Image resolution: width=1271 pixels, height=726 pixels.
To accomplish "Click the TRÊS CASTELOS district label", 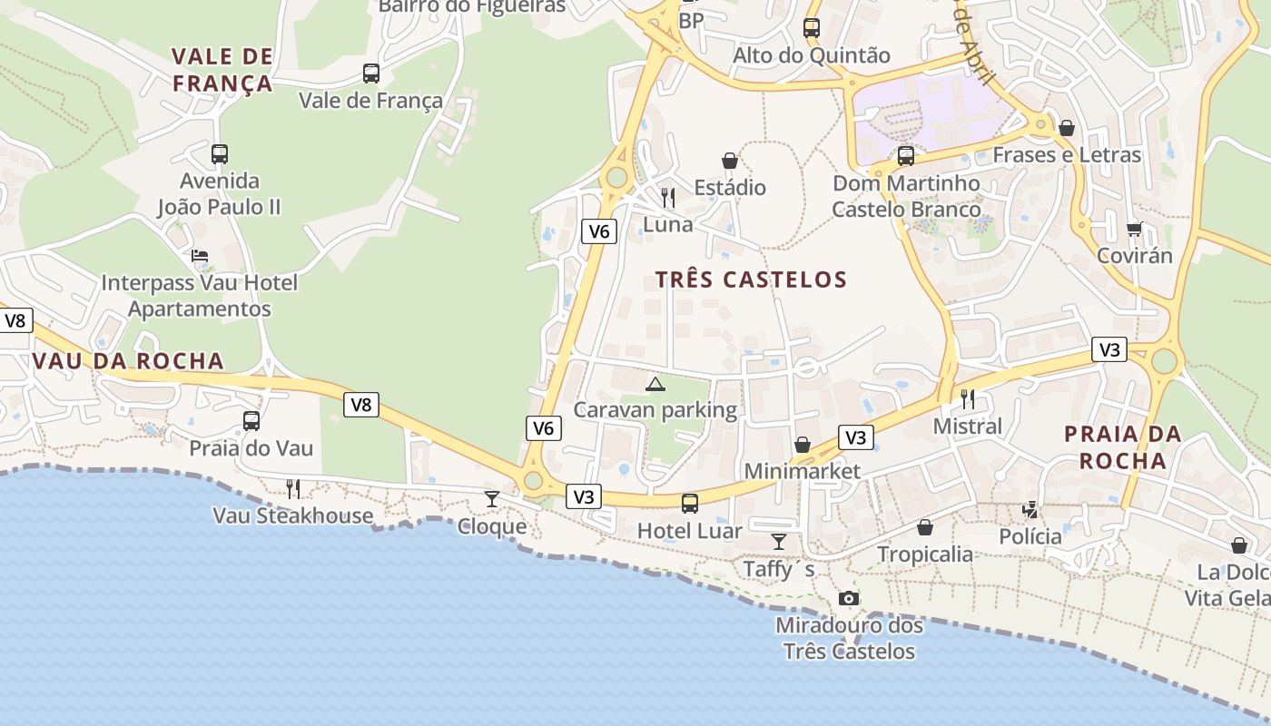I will tap(751, 280).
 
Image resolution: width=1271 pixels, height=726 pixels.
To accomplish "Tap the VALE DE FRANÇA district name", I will tap(222, 70).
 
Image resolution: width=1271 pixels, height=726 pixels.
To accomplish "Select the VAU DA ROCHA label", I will tap(128, 361).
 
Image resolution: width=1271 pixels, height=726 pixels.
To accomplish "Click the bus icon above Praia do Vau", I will tap(251, 421).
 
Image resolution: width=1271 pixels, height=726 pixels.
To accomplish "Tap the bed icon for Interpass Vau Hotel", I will tap(200, 256).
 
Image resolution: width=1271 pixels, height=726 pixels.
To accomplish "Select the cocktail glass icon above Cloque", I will tap(492, 498).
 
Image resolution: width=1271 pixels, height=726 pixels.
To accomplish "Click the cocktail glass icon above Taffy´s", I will tap(779, 542).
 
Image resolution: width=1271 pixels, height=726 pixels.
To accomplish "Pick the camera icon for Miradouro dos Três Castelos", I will tap(849, 598).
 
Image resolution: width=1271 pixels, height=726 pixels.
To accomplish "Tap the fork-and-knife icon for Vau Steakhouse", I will tap(293, 489).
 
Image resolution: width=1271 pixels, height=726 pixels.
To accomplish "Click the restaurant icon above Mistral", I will tap(968, 398).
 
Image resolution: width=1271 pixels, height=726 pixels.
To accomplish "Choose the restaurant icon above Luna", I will tap(668, 197).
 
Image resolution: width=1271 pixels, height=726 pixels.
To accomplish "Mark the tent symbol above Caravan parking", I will tap(655, 384).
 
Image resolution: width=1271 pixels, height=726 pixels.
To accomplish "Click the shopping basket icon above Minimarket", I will tap(802, 445).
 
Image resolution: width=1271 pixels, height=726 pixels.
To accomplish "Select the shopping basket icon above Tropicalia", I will tap(925, 527).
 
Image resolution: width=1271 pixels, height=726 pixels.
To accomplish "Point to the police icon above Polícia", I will tap(1030, 510).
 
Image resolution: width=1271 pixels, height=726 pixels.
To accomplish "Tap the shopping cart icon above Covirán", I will tap(1134, 229).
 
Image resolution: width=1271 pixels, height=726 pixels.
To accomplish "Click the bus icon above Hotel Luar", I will tap(690, 503).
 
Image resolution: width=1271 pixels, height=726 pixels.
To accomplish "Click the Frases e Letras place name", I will tap(1067, 155).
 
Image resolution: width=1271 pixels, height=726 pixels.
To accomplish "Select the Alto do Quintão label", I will tap(812, 55).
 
